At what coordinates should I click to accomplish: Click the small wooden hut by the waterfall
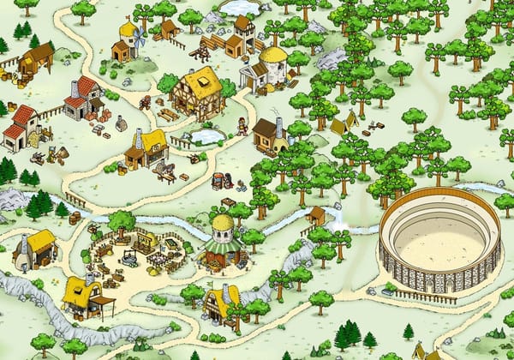(x=317, y=214)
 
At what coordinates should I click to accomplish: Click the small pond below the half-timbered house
(x=207, y=135)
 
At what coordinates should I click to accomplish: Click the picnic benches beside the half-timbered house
(x=168, y=114)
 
